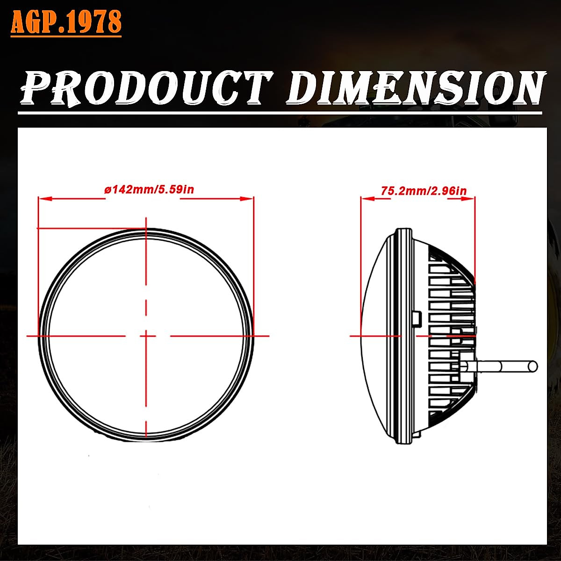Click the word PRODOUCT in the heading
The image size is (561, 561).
[x=146, y=88]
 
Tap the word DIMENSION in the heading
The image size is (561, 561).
[x=415, y=88]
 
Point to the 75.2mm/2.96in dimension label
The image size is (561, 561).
[x=424, y=191]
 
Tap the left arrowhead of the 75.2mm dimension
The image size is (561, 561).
[x=365, y=199]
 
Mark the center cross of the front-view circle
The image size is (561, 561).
[x=147, y=335]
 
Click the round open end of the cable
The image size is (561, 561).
[x=532, y=366]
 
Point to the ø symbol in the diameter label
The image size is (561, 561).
[x=107, y=190]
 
